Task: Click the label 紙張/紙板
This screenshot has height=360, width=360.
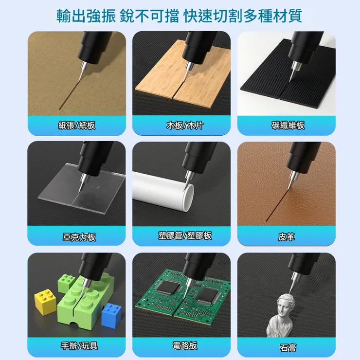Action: click(76, 126)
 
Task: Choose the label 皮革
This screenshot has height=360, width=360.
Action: click(287, 237)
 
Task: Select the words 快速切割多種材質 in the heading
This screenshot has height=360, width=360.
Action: click(243, 16)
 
